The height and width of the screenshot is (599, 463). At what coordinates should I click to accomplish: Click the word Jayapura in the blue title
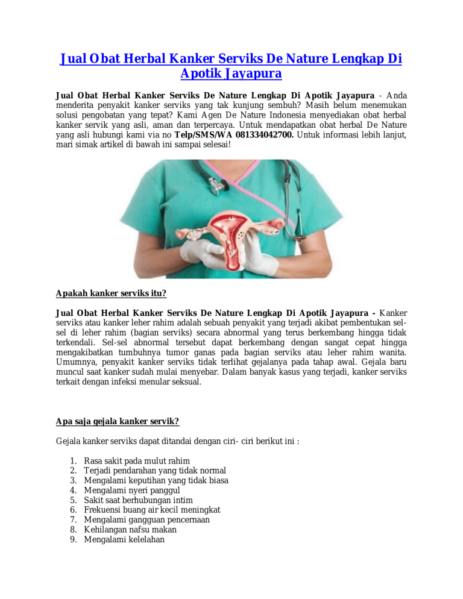point(252,75)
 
